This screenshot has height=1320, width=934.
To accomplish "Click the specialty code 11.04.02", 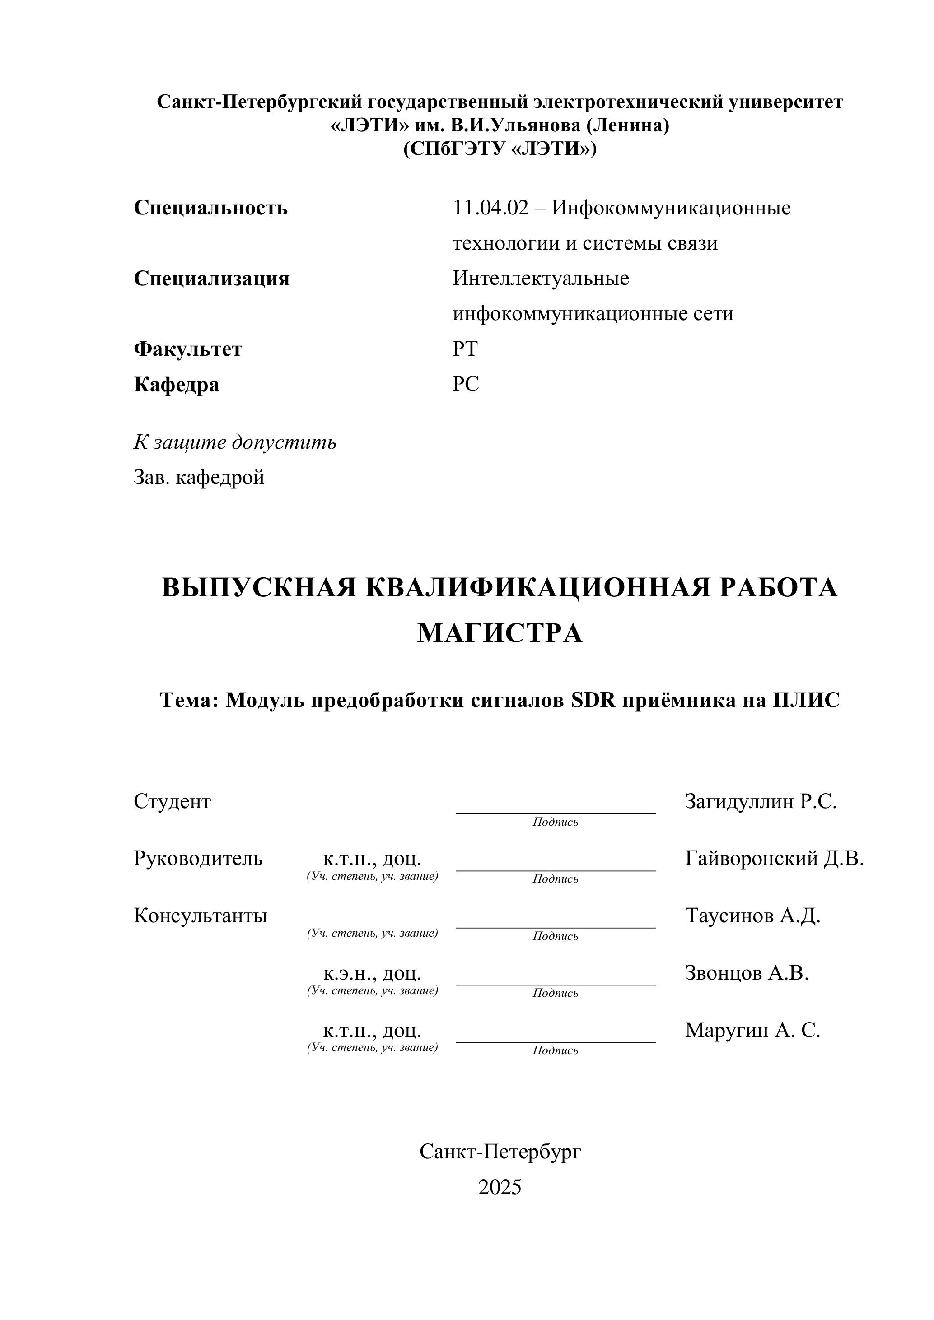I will pyautogui.click(x=490, y=208).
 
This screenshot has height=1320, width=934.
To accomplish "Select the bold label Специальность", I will pyautogui.click(x=210, y=208).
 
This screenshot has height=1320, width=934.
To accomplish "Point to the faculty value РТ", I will pyautogui.click(x=465, y=349).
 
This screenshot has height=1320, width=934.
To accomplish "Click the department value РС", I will pyautogui.click(x=465, y=384).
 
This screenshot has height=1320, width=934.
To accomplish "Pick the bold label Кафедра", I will pyautogui.click(x=177, y=385).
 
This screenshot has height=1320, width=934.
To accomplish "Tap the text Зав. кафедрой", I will pyautogui.click(x=199, y=477).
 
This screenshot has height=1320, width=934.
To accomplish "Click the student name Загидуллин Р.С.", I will pyautogui.click(x=760, y=801).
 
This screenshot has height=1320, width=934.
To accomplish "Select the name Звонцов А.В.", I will pyautogui.click(x=747, y=973).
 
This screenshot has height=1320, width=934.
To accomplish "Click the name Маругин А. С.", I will pyautogui.click(x=752, y=1030).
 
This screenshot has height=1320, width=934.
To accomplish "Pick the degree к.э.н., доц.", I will pyautogui.click(x=372, y=973).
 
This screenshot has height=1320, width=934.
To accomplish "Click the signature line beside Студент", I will pyautogui.click(x=555, y=812).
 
